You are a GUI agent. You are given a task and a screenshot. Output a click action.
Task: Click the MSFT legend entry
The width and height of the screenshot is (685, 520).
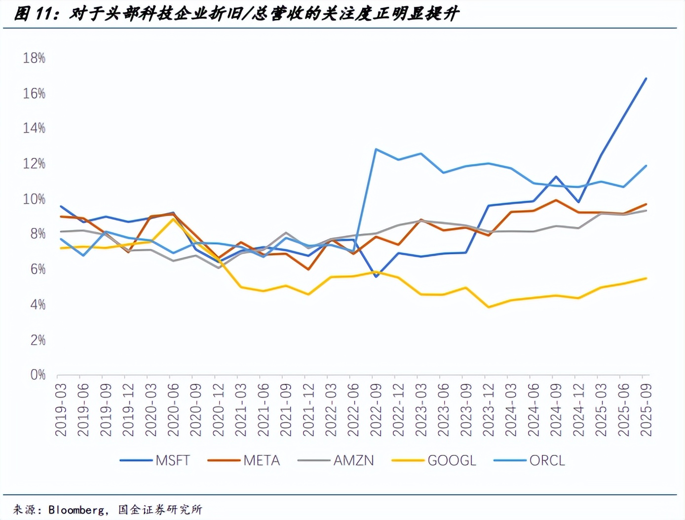155,460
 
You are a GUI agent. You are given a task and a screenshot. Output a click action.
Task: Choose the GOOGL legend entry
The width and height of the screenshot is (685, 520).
434,460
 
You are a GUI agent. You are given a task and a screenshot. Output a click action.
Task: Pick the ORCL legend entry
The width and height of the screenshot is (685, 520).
530,460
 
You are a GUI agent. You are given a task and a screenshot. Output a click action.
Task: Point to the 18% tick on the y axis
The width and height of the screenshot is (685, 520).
34,58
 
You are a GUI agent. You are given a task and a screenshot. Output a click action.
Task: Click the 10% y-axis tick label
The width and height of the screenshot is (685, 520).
34,199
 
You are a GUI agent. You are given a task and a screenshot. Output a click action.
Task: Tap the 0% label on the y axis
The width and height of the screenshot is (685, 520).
38,375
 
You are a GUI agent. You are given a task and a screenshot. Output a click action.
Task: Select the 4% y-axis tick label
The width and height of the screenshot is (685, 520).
38,304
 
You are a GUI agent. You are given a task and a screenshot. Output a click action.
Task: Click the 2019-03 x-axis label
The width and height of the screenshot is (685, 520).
61,410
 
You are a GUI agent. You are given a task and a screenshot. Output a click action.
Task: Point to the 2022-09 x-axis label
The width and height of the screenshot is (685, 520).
376,410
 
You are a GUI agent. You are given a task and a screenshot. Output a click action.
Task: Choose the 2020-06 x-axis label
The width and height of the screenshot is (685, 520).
173,410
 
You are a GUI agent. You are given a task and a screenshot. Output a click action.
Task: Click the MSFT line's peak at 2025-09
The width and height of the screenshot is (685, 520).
646,78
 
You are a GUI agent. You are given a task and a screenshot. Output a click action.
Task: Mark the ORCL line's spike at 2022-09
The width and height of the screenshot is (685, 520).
376,149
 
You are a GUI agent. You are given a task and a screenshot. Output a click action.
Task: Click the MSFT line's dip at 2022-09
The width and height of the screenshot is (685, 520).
376,277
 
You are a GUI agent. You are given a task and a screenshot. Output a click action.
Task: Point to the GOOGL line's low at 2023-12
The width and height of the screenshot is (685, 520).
489,307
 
